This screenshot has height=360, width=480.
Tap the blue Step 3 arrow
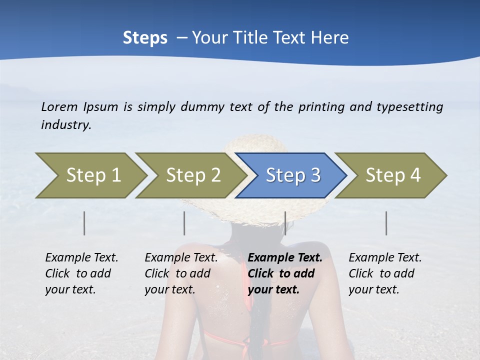pos(293,175)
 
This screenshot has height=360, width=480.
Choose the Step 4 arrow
pos(393,175)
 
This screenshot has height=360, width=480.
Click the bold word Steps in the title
pos(145,38)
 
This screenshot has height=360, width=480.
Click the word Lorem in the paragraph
pos(59,106)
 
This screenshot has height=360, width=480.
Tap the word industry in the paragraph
pos(66,124)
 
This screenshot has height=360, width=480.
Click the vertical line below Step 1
pos(84,223)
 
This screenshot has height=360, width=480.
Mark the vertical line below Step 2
pos(184,223)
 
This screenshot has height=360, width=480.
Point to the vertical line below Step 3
pos(285,223)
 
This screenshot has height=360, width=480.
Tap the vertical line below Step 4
pos(386,223)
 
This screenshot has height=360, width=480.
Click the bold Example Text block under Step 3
pos(285,273)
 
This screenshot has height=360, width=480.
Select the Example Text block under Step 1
pos(81,273)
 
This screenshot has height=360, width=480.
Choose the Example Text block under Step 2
pos(181,273)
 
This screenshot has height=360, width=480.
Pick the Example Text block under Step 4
pos(385,273)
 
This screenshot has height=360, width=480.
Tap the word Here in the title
pos(331,38)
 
